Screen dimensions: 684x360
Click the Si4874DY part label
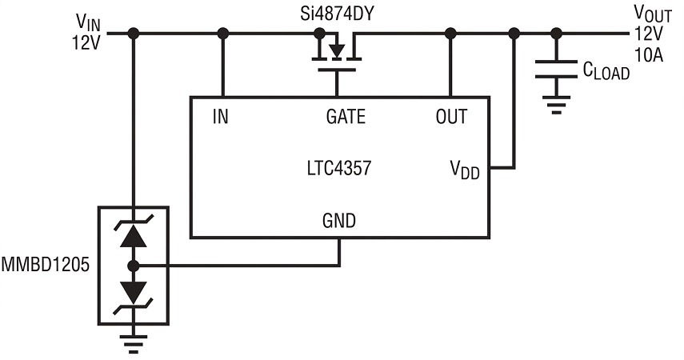tap(338, 14)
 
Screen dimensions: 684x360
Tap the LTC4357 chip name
tap(339, 169)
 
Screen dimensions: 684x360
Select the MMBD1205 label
tap(46, 265)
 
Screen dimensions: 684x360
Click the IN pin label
tap(220, 117)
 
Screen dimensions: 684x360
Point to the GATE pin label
tap(346, 117)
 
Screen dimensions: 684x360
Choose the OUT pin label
tap(451, 117)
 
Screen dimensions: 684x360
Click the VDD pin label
tap(465, 170)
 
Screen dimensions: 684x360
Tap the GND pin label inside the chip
tap(339, 220)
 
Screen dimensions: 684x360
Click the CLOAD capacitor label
tap(606, 71)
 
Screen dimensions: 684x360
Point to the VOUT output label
tap(653, 14)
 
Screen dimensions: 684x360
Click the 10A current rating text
tap(649, 55)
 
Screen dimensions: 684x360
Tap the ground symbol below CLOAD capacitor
tap(556, 105)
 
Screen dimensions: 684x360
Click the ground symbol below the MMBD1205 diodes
tap(134, 343)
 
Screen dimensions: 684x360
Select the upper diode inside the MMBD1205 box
tap(134, 231)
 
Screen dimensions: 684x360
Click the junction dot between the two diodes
tap(134, 266)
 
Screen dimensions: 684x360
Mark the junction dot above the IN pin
tap(223, 33)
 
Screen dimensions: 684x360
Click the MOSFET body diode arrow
tap(336, 50)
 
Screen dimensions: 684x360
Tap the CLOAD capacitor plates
tap(556, 70)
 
